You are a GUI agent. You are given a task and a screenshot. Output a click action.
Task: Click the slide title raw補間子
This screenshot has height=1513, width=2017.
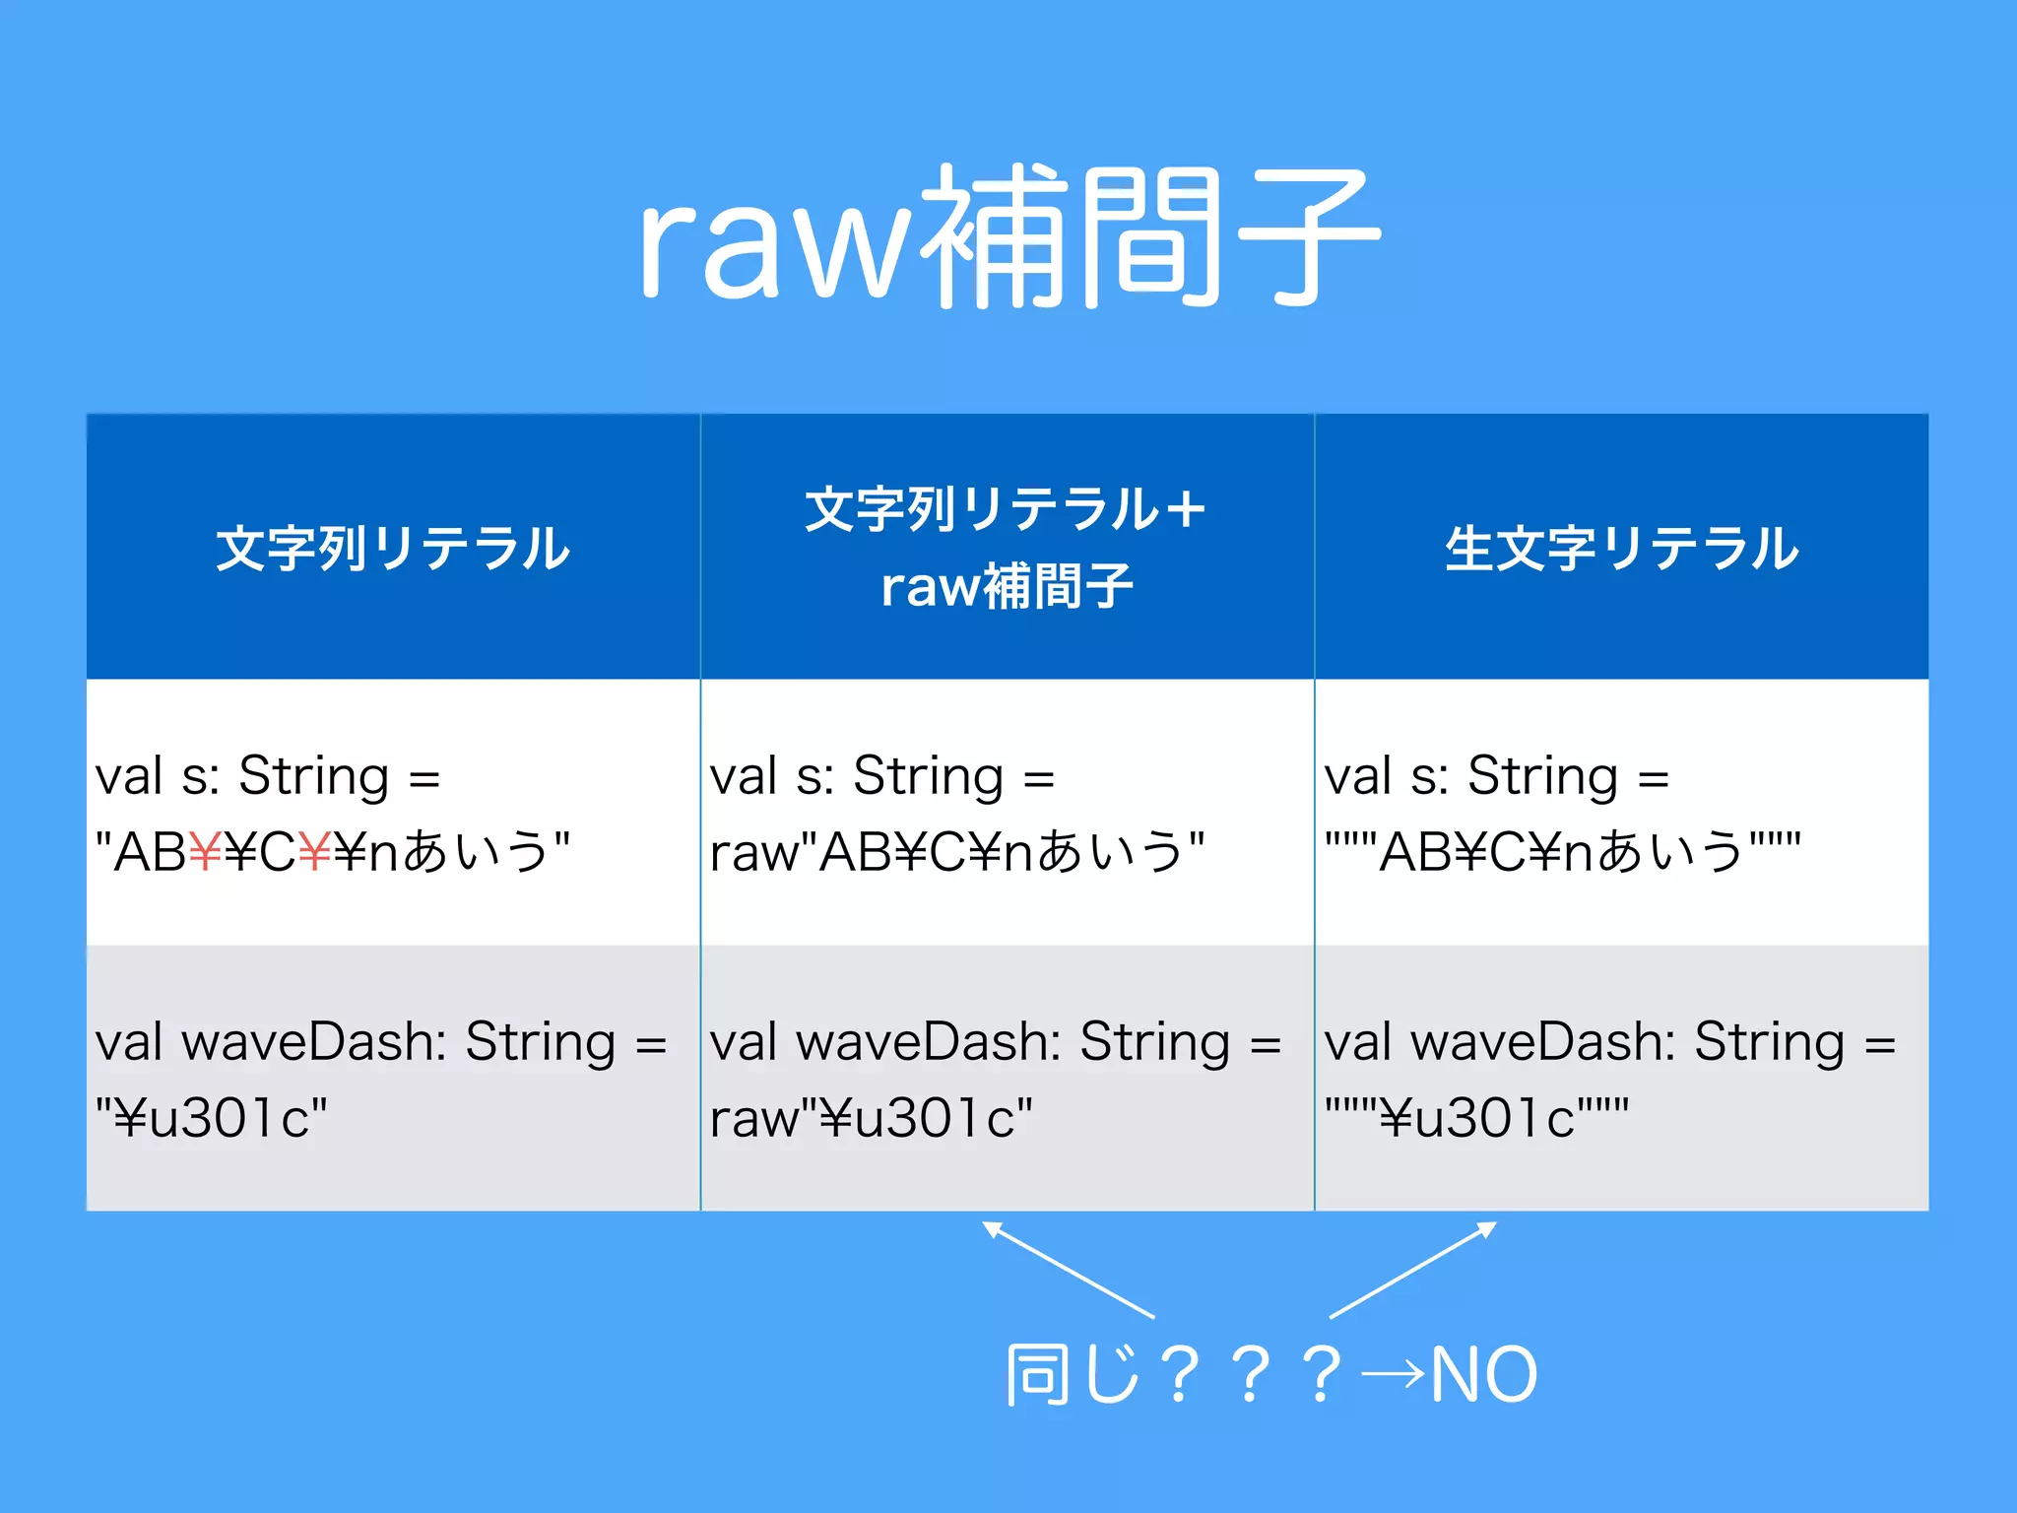click(x=1008, y=236)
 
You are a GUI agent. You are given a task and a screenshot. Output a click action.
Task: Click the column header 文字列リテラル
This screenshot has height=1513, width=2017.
click(x=392, y=549)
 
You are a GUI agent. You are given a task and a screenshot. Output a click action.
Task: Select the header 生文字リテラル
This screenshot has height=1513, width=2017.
click(x=1621, y=549)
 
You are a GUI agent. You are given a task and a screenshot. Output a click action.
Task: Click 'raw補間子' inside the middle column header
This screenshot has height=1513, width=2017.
click(x=1007, y=587)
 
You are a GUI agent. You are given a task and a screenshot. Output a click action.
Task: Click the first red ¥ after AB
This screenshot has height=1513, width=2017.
click(x=205, y=852)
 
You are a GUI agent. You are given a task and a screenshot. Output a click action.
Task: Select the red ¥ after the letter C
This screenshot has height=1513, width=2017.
click(x=314, y=852)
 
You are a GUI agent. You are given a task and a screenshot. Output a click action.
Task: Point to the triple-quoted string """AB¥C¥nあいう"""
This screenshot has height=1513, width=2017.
click(x=1562, y=852)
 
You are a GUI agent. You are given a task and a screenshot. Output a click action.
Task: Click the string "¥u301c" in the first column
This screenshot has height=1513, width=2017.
click(x=211, y=1118)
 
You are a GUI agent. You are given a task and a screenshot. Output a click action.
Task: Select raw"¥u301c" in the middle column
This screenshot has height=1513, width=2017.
click(x=871, y=1118)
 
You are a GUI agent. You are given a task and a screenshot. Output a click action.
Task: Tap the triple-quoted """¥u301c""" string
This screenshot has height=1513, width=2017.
click(x=1475, y=1118)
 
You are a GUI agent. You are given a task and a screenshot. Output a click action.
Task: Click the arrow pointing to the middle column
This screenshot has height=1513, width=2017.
click(x=1069, y=1270)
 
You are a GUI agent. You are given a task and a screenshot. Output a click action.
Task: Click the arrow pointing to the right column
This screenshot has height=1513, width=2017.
click(x=1413, y=1270)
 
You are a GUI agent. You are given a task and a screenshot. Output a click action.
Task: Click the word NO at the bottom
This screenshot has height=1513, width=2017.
click(x=1483, y=1375)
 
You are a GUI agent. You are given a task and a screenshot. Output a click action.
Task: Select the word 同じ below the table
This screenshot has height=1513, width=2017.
click(x=1074, y=1375)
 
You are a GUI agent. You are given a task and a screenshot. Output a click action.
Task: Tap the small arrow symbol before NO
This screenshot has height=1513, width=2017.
click(x=1393, y=1373)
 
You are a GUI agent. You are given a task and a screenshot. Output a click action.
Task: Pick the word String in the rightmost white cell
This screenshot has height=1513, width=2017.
click(x=1542, y=776)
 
